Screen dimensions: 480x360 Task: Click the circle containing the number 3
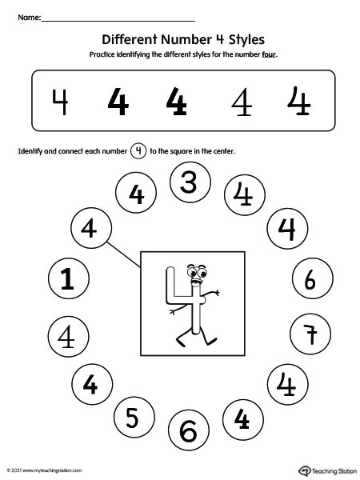point(188,183)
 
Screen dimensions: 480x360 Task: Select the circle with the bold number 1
point(68,279)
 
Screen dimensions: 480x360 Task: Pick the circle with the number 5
point(132,417)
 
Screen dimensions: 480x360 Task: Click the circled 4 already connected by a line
point(89,228)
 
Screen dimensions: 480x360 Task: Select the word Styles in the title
point(242,38)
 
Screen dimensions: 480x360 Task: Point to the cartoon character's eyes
point(195,270)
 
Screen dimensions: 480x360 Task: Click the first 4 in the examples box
point(59,101)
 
